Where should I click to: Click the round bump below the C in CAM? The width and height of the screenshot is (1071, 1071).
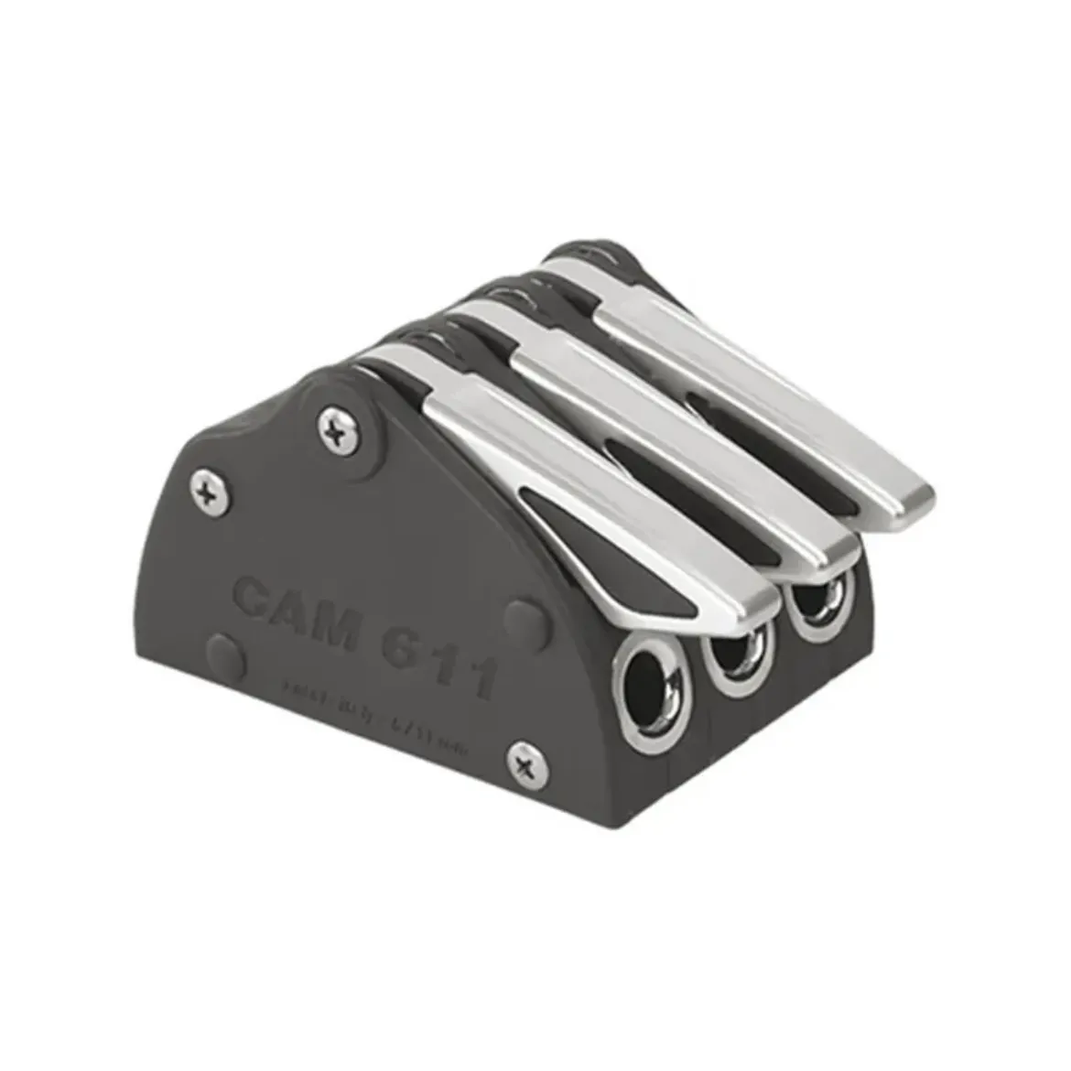226,655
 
